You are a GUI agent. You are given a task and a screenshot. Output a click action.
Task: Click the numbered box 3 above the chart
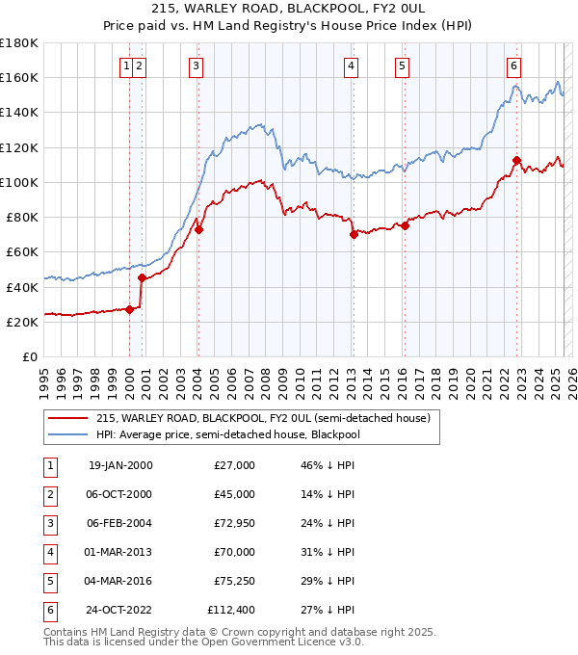click(x=196, y=65)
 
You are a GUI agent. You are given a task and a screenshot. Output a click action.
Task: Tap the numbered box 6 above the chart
click(x=513, y=65)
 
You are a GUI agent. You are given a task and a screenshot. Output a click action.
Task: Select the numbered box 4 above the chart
click(x=351, y=65)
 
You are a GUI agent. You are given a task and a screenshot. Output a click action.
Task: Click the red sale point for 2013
click(x=354, y=234)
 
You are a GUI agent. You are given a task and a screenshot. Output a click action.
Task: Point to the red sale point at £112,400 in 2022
click(x=517, y=160)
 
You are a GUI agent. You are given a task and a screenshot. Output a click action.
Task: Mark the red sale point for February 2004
click(x=199, y=229)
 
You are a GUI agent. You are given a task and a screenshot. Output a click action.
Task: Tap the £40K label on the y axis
click(x=22, y=287)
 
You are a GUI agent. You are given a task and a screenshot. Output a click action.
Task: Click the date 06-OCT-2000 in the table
click(x=119, y=494)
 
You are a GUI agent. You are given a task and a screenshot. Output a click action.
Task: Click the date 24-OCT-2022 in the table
click(x=119, y=610)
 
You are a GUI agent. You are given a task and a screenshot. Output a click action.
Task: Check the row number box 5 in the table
click(x=47, y=581)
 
